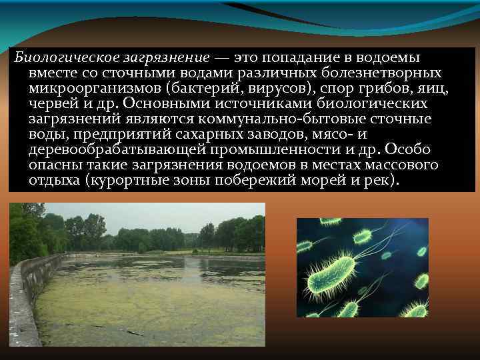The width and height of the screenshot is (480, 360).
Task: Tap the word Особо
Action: coord(413,149)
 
